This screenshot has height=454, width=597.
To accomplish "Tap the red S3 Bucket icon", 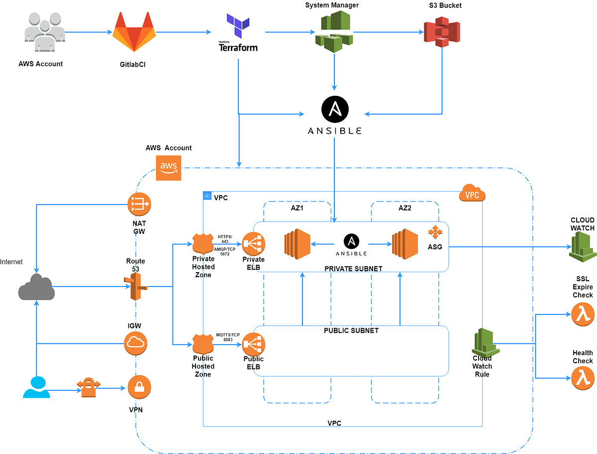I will coord(442,31).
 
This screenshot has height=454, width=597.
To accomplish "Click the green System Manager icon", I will coord(334,32).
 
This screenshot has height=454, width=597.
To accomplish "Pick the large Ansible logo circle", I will coord(334,110).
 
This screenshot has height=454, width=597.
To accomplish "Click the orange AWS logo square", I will coord(169,168).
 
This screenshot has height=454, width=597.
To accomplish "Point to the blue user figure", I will coord(36,387).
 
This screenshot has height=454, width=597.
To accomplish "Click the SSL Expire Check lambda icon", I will coord(583,314).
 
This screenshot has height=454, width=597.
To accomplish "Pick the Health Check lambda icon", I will coord(583,378).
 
